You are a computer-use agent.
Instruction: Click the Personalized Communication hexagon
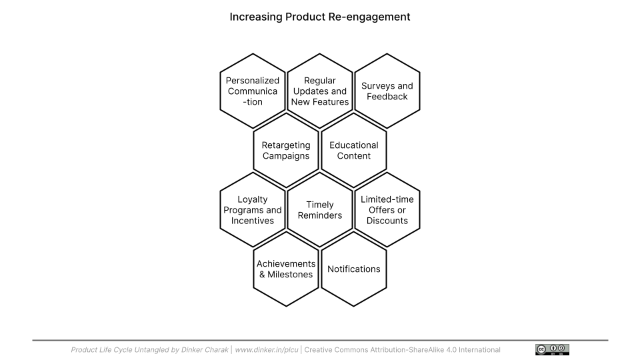[x=253, y=91]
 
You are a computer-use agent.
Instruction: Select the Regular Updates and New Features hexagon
[x=320, y=91]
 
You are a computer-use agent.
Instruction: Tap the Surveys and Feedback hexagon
[x=387, y=91]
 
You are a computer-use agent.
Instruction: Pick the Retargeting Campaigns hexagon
[x=286, y=151]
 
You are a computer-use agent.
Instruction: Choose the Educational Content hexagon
[x=354, y=151]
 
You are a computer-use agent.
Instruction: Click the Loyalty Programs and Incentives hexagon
[x=253, y=210]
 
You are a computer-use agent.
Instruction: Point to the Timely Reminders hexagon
[x=320, y=210]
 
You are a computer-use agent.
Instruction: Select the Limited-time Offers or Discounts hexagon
[x=387, y=210]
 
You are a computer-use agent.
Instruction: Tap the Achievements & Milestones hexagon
[x=286, y=269]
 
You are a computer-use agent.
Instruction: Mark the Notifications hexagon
[x=354, y=269]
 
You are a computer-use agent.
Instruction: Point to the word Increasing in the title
[x=256, y=17]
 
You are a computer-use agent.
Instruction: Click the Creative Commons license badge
[x=552, y=350]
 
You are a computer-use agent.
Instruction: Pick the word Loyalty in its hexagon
[x=253, y=199]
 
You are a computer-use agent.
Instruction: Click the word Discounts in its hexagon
[x=387, y=221]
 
